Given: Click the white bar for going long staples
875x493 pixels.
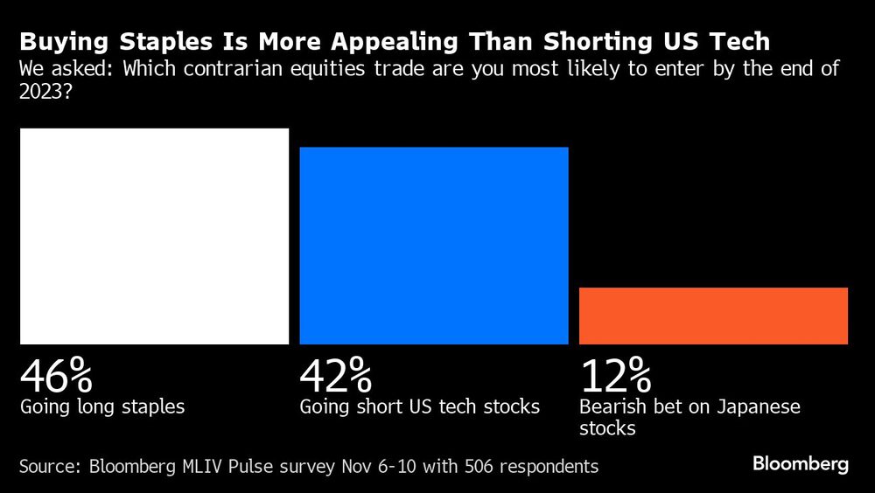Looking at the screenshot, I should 154,236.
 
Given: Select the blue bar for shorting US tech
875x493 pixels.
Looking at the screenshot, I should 434,245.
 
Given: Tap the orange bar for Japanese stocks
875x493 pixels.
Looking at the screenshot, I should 713,316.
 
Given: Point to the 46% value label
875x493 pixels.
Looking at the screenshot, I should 56,376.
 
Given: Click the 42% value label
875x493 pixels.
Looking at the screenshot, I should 336,376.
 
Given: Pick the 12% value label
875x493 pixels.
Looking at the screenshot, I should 615,376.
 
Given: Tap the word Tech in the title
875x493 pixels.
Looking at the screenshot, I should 739,43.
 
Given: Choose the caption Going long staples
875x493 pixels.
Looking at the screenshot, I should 102,407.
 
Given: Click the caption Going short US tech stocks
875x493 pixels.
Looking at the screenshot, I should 420,407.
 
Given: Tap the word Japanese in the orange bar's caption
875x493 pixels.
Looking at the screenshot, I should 759,407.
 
